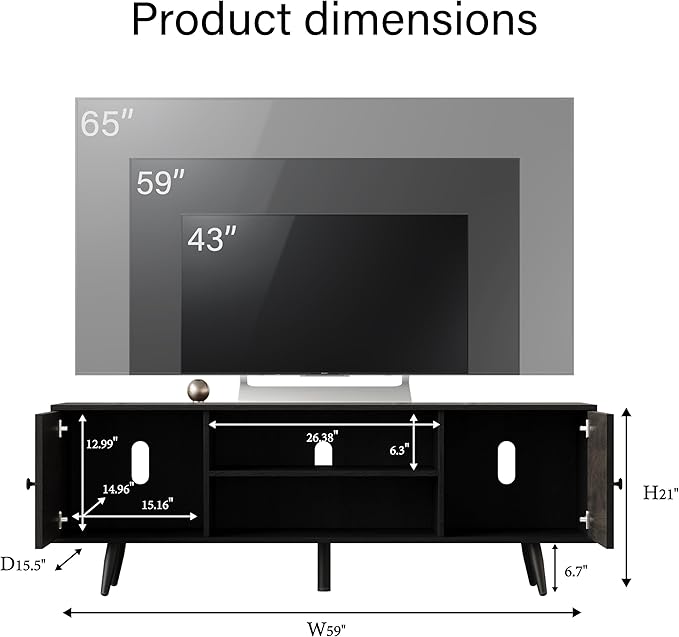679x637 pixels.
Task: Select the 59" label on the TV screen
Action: tap(160, 183)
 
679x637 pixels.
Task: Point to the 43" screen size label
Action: tap(212, 239)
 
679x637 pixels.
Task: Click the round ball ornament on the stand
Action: tap(198, 389)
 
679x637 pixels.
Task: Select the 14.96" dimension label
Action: tap(117, 489)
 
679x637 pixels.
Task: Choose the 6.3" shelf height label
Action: tap(399, 450)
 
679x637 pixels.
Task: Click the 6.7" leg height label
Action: tap(574, 570)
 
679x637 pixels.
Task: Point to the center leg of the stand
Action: tap(324, 566)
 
